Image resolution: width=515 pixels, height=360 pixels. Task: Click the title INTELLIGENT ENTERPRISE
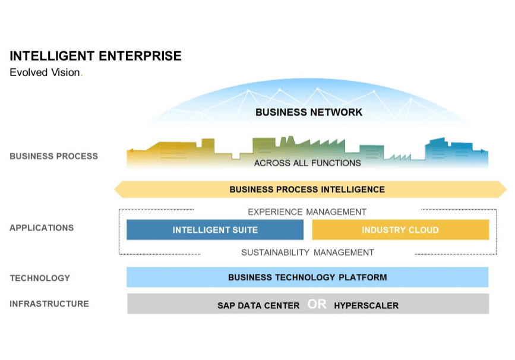[x=96, y=56]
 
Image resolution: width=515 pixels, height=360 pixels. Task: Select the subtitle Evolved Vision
[x=46, y=73]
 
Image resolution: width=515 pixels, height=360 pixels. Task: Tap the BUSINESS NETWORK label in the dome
[x=308, y=112]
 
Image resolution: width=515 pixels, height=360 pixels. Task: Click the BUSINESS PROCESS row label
[x=53, y=156]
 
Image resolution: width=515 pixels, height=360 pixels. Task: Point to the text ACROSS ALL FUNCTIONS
[x=307, y=163]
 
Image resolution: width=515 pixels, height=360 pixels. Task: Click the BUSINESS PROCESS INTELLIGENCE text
[x=307, y=190]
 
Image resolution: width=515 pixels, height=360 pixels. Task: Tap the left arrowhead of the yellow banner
[x=119, y=190]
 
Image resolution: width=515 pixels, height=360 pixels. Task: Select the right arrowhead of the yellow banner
[x=501, y=190]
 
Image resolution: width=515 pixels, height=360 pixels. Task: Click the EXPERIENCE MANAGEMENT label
[x=307, y=211]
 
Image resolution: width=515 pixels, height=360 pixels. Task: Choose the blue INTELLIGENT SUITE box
[x=215, y=230]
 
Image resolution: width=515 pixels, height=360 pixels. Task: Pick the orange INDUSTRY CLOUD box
[x=400, y=230]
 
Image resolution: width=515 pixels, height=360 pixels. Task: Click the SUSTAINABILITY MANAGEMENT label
[x=308, y=252]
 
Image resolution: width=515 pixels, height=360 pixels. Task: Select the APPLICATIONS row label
[x=42, y=228]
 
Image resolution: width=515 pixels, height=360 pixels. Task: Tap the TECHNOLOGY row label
[x=40, y=277]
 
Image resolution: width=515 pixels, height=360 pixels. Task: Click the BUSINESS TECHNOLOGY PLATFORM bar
[x=307, y=277]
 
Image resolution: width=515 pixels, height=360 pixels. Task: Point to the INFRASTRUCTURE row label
[x=49, y=304]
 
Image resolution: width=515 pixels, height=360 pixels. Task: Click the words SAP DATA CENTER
[x=258, y=305]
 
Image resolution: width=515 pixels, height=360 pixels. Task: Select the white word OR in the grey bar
[x=317, y=305]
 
